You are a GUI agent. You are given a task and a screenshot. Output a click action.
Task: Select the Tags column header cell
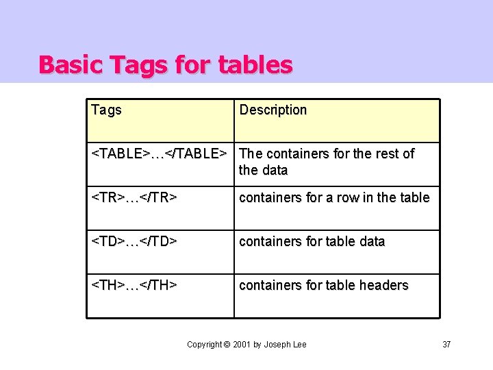106,110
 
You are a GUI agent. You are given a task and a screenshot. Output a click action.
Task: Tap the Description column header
273,110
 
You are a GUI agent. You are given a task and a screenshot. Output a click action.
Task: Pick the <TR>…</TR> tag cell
135,197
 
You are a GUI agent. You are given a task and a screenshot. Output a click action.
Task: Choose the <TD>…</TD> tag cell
135,241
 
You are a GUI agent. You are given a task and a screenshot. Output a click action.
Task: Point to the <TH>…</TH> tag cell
135,285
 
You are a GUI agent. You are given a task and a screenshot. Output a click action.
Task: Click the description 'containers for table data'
312,241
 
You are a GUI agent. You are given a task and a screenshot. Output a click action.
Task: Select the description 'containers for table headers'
323,285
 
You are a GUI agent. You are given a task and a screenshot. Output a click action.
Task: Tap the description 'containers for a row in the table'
334,197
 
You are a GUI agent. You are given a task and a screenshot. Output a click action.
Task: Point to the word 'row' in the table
349,197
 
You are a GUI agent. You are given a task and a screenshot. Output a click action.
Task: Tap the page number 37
446,344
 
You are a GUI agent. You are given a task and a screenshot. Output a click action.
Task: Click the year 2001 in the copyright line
241,344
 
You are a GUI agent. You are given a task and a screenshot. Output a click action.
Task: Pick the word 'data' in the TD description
371,241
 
